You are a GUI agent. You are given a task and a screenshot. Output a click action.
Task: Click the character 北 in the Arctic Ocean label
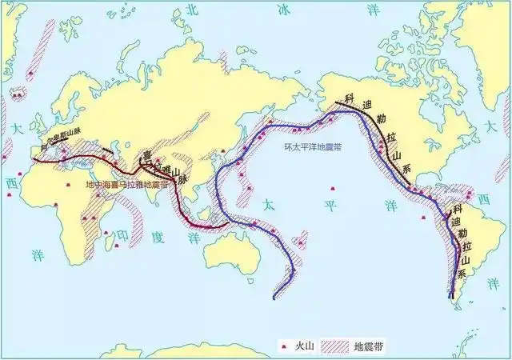point(190,9)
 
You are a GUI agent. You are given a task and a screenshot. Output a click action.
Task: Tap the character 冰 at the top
point(285,10)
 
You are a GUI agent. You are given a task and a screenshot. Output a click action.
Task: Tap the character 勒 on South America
point(462,233)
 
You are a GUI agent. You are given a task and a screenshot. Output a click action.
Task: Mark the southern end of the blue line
point(274,298)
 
